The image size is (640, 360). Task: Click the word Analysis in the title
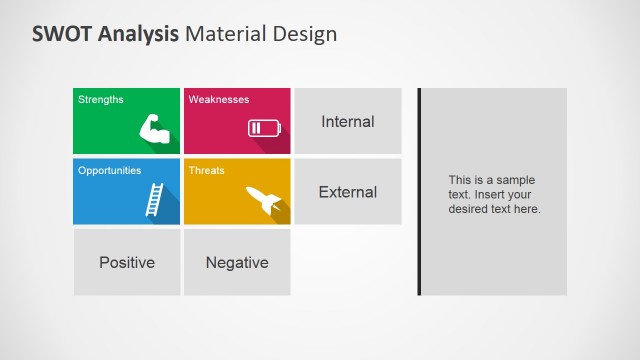[138, 33]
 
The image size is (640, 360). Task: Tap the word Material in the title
[227, 33]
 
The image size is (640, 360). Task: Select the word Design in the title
[304, 33]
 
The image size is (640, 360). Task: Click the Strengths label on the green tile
[101, 99]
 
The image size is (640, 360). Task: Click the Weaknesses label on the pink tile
[219, 99]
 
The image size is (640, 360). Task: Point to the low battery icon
[265, 128]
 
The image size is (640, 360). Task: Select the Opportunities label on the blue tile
[110, 170]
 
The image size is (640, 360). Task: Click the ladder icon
[154, 198]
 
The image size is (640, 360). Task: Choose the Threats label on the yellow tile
[207, 170]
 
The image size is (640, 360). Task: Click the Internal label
[347, 122]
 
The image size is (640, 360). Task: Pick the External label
[347, 192]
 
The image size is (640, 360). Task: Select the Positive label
[127, 263]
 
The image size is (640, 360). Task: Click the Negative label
[237, 263]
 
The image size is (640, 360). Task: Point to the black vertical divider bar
[419, 191]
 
